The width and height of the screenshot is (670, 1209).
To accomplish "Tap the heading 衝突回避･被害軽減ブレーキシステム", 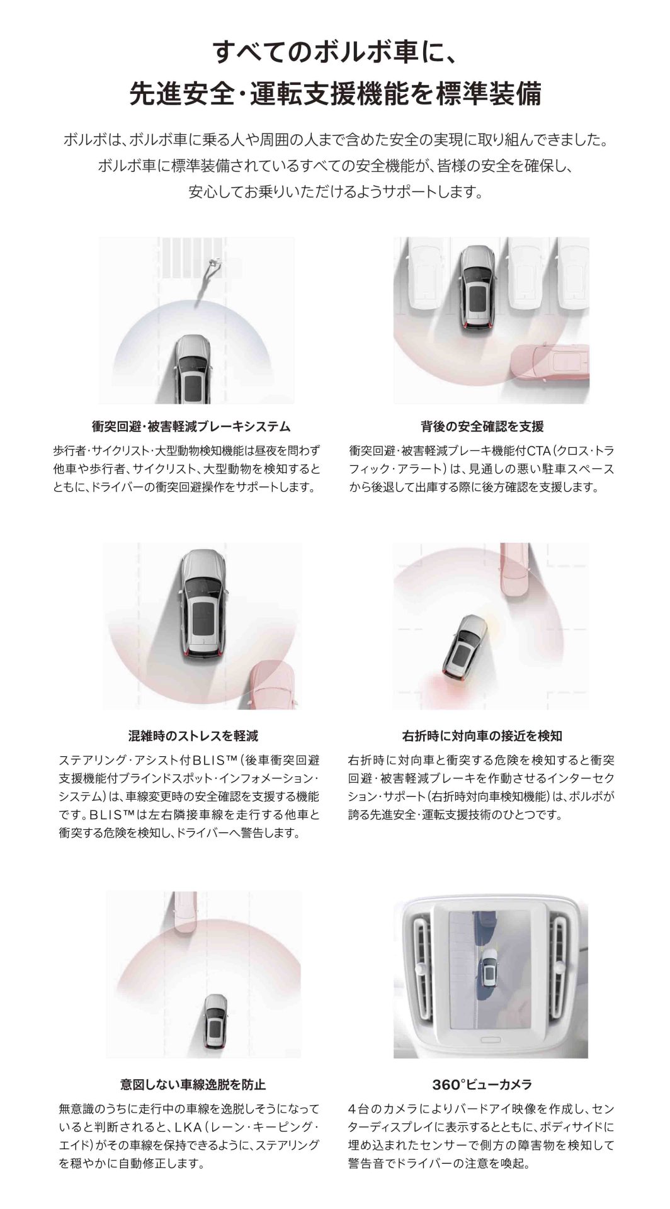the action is coord(190,427).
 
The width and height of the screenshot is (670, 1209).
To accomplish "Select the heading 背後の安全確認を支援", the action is coord(482,427).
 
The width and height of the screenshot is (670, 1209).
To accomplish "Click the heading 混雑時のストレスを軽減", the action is coord(193,735).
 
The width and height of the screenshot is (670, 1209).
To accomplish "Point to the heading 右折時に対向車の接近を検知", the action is coord(482,735).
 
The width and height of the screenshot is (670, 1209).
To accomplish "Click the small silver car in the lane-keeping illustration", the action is coord(216,1020).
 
